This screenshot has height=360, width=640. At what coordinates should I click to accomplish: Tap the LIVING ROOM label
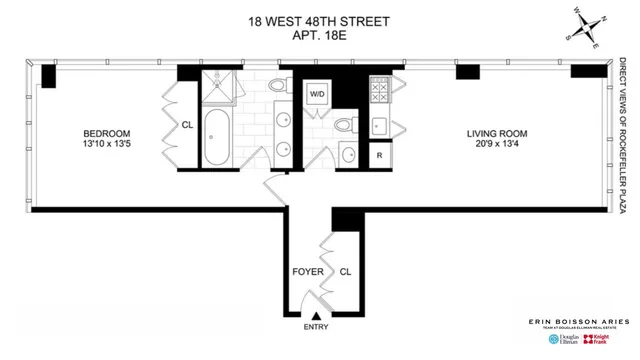[497, 133]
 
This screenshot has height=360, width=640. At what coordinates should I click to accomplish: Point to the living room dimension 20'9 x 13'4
[497, 145]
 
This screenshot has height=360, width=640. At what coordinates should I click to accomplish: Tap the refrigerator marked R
[380, 155]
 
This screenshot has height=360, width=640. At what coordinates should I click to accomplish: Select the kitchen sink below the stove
[380, 125]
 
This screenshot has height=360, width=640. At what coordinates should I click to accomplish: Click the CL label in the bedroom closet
[186, 126]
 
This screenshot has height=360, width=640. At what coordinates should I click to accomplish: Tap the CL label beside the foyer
[345, 271]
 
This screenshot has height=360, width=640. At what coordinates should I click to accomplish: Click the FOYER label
[307, 271]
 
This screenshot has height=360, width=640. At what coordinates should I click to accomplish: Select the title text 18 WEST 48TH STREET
[320, 19]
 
